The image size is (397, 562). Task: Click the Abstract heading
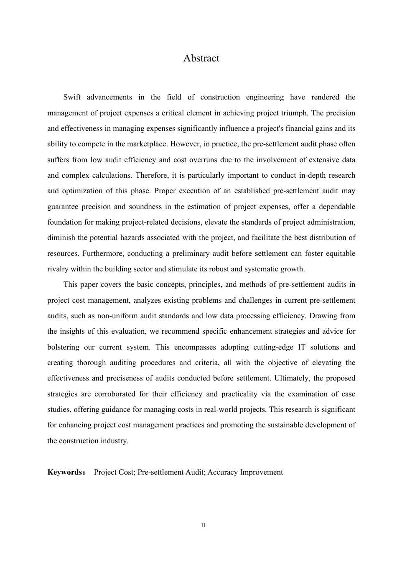(201, 58)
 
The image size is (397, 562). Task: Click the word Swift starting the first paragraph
(72, 97)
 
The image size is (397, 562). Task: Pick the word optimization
(82, 191)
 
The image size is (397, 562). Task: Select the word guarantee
(62, 207)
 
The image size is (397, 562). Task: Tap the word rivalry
(57, 269)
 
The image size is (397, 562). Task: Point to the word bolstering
(63, 347)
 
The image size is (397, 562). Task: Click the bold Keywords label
(66, 473)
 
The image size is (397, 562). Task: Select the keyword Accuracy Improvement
(245, 473)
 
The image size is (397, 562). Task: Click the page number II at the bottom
(203, 526)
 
